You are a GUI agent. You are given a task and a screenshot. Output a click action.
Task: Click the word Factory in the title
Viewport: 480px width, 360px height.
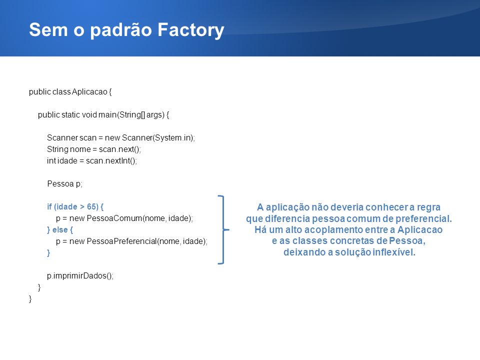(x=191, y=30)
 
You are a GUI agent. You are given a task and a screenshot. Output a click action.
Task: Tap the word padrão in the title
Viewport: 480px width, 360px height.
(x=121, y=30)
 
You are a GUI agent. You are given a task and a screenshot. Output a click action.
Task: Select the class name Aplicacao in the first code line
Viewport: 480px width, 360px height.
(x=89, y=92)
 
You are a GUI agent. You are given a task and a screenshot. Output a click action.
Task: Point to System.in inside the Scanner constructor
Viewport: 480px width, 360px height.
(x=173, y=138)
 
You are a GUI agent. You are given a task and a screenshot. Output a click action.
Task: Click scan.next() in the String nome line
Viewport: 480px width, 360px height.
(x=119, y=149)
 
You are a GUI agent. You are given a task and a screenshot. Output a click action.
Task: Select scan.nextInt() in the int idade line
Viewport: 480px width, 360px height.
(x=111, y=161)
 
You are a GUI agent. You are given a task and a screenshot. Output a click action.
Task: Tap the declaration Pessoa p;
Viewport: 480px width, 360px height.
(x=64, y=183)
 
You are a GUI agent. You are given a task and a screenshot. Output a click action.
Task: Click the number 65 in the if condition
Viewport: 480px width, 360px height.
(x=91, y=206)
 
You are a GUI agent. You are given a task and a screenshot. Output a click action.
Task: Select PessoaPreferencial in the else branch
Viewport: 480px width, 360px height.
(x=121, y=241)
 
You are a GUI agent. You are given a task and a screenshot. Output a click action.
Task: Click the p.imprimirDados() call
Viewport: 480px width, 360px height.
(x=79, y=276)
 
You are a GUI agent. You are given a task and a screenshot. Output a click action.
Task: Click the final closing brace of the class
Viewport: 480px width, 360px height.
(x=30, y=299)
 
